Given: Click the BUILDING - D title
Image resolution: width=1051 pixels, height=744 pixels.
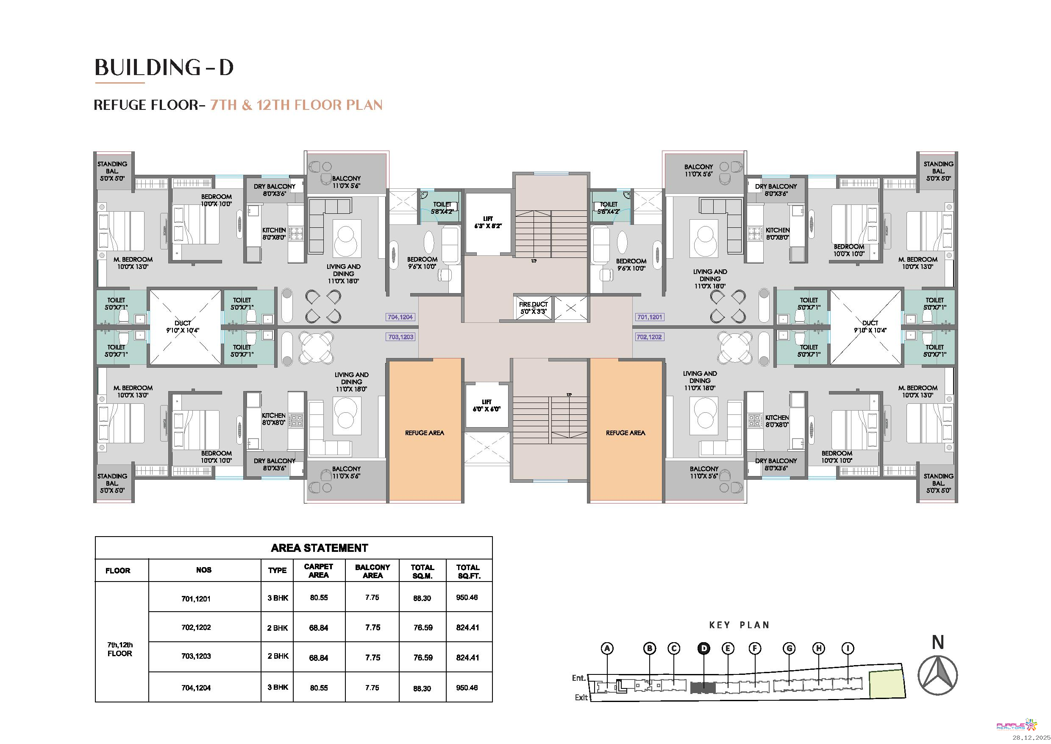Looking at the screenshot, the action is [164, 67].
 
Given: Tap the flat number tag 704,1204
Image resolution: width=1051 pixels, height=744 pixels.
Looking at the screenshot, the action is [400, 317].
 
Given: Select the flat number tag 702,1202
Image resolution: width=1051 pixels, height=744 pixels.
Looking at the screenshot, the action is [649, 337].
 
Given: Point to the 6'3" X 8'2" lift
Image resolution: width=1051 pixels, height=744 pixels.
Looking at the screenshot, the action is [488, 223].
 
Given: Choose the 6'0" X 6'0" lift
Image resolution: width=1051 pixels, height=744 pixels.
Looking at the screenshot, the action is [487, 406].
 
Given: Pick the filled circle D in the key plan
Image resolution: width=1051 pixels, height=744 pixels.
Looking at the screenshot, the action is [704, 648].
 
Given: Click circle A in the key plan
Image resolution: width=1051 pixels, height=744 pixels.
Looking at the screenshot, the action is [607, 648].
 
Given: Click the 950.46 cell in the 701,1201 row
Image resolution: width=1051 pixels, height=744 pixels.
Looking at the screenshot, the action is [467, 597].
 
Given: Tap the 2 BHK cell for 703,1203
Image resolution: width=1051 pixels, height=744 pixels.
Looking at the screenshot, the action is [278, 656].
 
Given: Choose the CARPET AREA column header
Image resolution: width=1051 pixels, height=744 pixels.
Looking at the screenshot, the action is [319, 571].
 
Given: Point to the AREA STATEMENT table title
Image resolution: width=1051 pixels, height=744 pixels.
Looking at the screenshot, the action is [320, 548].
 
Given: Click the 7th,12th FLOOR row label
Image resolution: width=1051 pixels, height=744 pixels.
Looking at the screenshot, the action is [120, 649].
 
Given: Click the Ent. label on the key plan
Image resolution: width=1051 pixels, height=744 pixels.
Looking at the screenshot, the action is [578, 678].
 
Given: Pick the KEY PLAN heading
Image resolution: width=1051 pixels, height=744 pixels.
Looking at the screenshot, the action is [739, 625].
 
